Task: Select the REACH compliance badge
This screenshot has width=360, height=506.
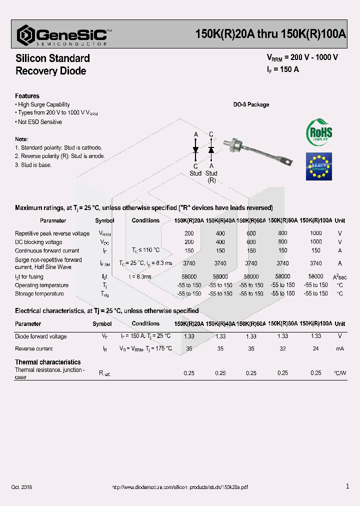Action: [318, 166]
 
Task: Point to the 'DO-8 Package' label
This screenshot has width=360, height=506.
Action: [251, 104]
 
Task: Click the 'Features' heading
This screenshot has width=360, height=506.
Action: [27, 96]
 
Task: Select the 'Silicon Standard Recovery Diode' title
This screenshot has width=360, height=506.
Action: [52, 64]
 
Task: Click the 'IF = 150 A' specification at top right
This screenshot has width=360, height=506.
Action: [282, 69]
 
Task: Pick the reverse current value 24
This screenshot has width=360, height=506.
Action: [315, 348]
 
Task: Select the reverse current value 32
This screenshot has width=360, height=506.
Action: [282, 348]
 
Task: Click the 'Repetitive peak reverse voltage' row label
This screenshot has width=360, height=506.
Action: [52, 233]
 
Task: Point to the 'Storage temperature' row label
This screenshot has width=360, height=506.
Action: [39, 294]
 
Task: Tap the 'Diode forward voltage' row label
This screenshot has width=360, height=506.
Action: [40, 336]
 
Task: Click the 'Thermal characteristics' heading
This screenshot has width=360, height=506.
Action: [47, 362]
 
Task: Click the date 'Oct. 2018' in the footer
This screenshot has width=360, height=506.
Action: [21, 486]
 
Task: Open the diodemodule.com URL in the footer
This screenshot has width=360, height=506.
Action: [179, 486]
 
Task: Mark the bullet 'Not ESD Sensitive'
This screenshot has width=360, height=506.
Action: [40, 122]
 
